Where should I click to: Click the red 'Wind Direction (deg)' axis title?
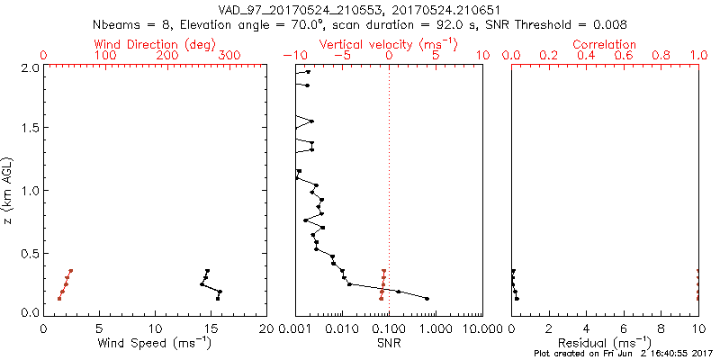(155, 44)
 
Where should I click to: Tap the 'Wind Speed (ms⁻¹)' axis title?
(155, 342)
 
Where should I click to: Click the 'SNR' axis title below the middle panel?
(389, 342)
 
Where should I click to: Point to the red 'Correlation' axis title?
(605, 44)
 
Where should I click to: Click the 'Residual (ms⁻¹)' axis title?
(605, 342)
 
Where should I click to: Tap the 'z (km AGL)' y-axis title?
(8, 189)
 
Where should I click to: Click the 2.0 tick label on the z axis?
(29, 67)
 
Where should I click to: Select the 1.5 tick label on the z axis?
(29, 129)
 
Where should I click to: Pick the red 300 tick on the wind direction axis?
(229, 56)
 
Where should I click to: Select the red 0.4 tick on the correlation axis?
(586, 56)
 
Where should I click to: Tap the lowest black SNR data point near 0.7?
(427, 298)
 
